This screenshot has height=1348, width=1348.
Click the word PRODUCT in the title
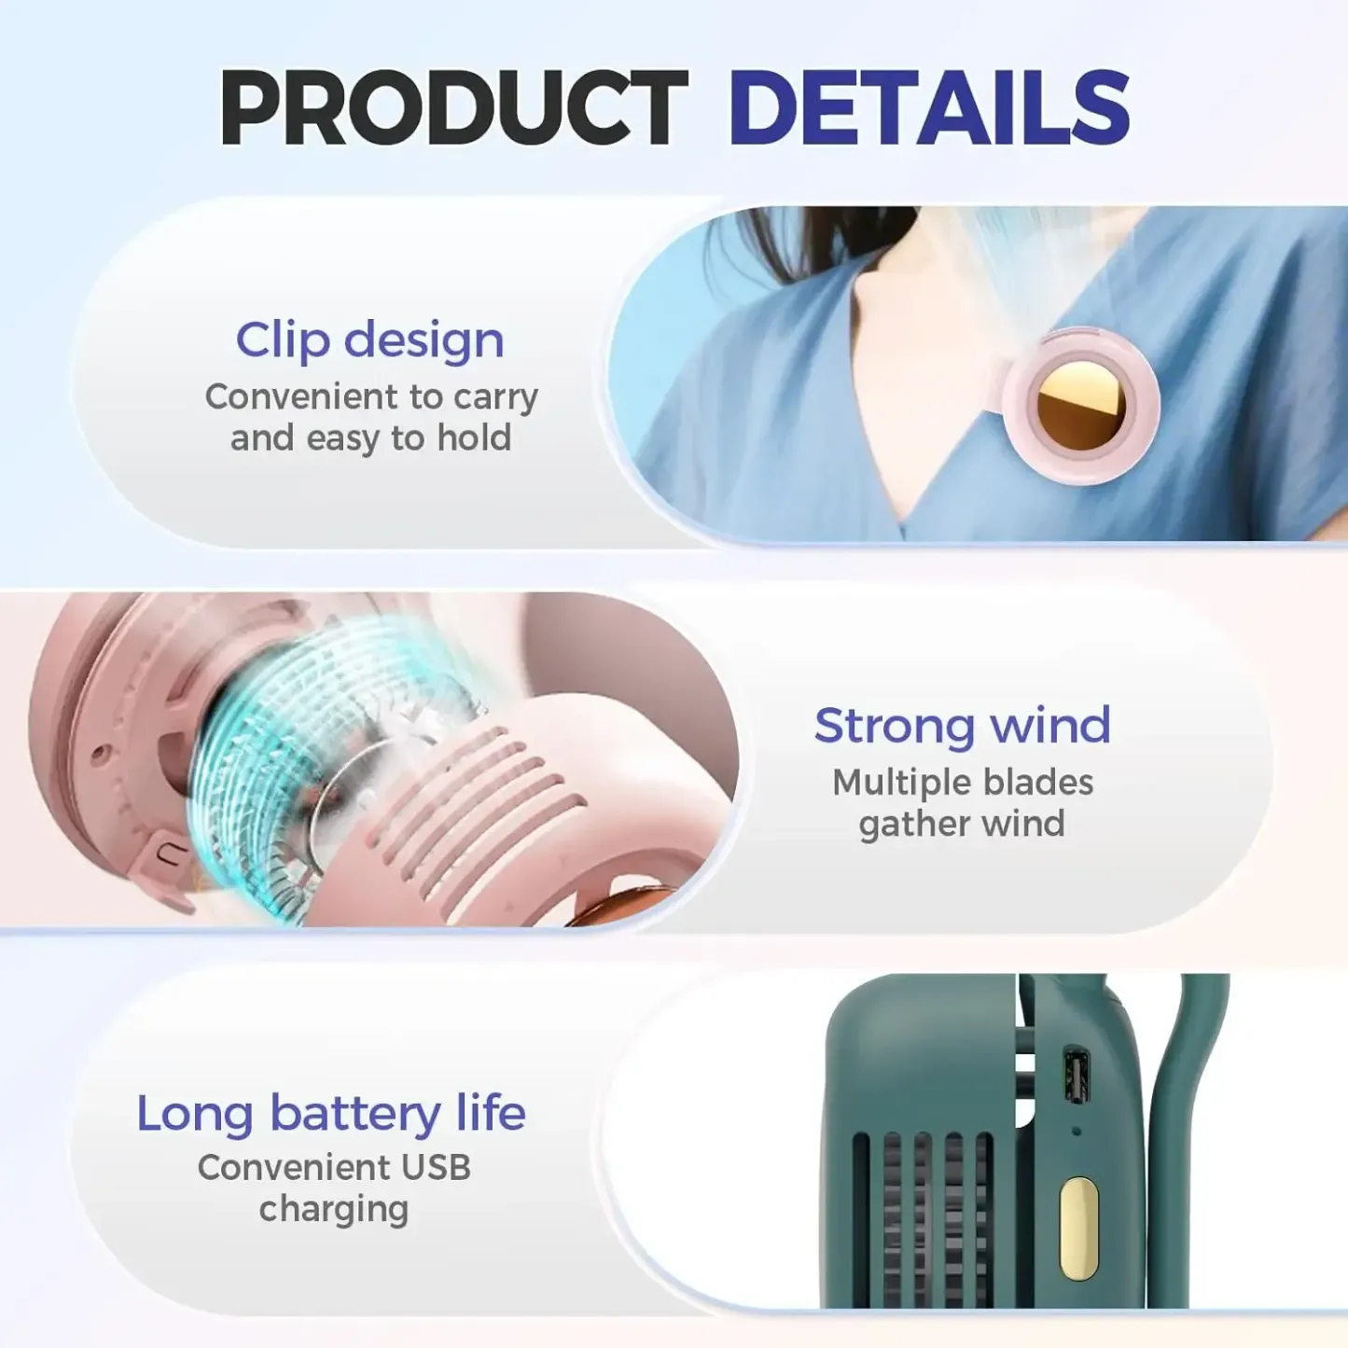(453, 109)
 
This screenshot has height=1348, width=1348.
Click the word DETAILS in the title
(928, 109)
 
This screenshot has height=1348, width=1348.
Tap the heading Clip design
(369, 340)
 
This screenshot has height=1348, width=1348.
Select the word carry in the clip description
(495, 398)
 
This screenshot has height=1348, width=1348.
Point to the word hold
(474, 438)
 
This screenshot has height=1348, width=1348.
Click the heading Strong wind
(962, 726)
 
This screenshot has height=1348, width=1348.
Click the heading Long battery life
(331, 1113)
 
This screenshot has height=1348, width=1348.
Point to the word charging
(333, 1210)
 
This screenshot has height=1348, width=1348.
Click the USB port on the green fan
(1077, 1077)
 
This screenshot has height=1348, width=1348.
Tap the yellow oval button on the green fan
(1078, 1227)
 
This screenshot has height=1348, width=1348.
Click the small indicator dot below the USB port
(1077, 1132)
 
